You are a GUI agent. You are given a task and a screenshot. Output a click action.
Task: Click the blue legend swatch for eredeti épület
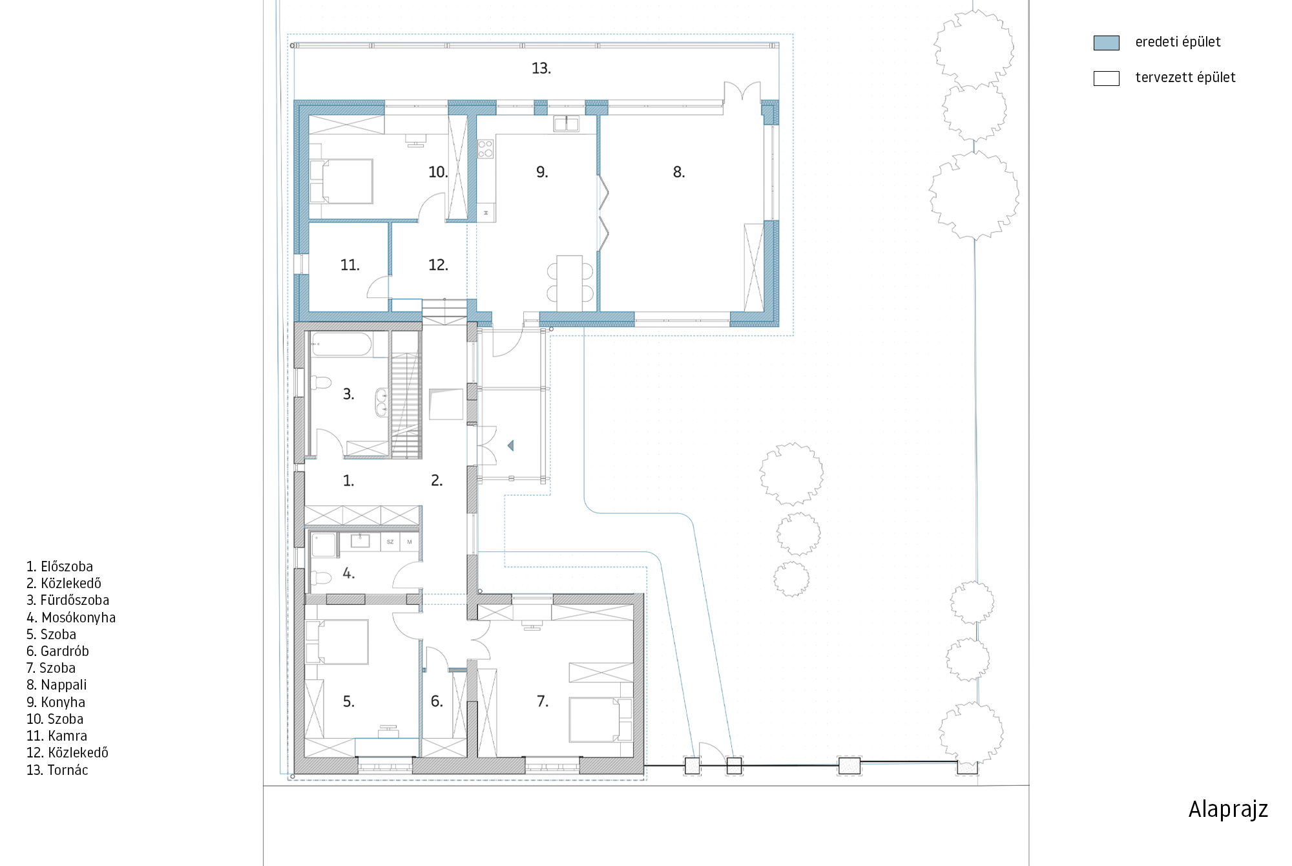1106,43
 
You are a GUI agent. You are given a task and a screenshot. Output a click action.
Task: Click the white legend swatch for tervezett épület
1106,78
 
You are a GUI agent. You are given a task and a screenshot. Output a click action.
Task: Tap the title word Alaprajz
1228,810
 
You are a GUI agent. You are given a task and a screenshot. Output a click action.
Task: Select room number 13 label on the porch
541,69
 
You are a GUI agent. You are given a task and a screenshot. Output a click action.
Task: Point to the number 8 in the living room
678,172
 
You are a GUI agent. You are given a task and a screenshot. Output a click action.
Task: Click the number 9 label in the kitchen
542,172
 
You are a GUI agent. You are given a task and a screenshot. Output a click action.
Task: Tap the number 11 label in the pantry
349,265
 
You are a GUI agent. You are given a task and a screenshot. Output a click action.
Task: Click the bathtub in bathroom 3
341,344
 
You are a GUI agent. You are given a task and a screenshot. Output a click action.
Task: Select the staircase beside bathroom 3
406,405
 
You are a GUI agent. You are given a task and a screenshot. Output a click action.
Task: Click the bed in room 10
342,181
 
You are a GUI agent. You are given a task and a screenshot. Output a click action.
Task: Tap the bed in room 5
337,642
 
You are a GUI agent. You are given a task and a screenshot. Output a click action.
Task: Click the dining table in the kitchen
570,284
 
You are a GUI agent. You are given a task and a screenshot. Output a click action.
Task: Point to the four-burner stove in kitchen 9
485,149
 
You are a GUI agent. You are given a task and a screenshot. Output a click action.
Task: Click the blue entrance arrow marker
510,445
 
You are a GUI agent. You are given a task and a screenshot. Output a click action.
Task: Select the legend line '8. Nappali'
56,685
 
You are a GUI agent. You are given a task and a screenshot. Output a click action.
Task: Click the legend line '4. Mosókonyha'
71,618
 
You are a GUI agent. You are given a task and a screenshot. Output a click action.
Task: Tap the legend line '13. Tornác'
57,770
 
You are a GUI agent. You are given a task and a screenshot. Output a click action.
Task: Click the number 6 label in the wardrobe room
437,702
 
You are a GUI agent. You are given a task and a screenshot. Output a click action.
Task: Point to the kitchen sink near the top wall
566,123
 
